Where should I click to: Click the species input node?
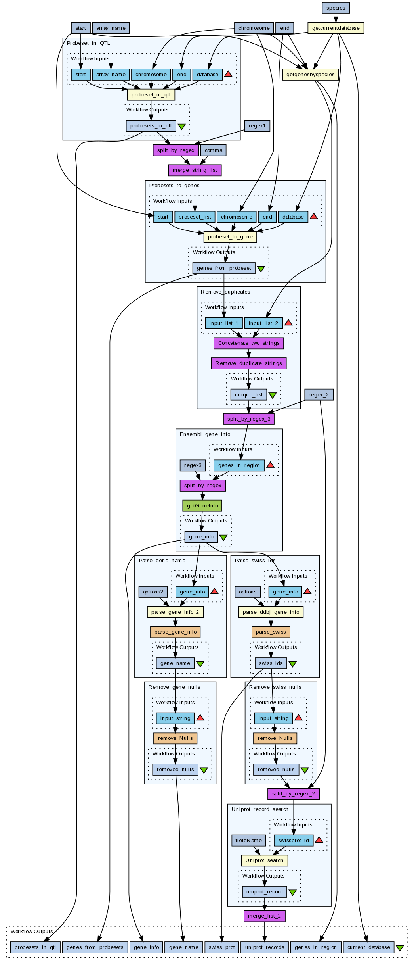336,8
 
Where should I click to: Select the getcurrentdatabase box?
336,28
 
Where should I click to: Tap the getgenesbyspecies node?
310,75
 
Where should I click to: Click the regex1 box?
257,126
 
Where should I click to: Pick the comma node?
214,150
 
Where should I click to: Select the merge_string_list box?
195,170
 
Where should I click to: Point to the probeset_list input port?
195,217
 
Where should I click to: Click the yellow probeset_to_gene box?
230,237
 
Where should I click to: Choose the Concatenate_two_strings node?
248,343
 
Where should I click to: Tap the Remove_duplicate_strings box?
248,363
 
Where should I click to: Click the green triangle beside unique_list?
273,395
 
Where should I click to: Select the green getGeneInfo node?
202,506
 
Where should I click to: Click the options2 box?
153,592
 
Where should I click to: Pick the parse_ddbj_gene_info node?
271,612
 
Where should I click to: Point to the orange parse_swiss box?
271,632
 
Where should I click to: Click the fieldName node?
248,840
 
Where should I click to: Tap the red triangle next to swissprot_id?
319,840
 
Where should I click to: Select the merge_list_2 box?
264,916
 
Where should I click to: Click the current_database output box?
368,947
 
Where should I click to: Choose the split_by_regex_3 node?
248,419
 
